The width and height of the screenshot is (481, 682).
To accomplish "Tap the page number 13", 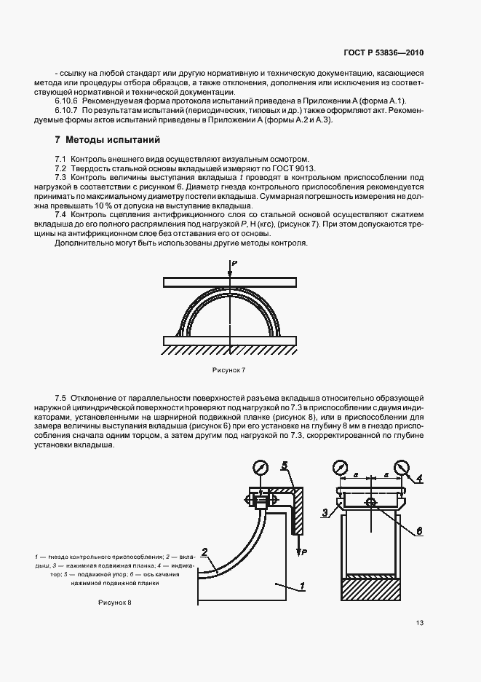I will tap(420, 622).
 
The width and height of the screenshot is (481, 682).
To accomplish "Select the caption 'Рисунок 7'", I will tap(229, 370).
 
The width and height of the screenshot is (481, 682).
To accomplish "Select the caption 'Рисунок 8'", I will tap(115, 603).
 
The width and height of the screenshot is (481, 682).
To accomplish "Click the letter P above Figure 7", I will tap(234, 262).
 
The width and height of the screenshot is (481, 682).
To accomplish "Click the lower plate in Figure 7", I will tap(229, 340).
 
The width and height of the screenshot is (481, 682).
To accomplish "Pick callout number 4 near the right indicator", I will tap(418, 478).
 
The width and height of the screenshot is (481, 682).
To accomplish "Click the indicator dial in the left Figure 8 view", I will tap(259, 467).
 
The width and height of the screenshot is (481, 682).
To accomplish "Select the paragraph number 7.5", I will tap(60, 397).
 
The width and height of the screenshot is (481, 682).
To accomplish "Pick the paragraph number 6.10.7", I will tap(67, 110).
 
